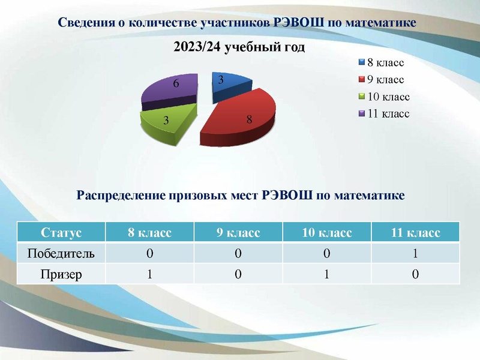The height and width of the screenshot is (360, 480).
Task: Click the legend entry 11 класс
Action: [x=388, y=113]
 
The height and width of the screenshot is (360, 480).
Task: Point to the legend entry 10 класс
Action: [x=388, y=96]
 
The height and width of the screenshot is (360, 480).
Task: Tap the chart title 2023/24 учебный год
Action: [x=239, y=47]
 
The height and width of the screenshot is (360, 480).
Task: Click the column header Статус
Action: [x=61, y=232]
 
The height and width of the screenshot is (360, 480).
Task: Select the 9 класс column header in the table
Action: [x=238, y=232]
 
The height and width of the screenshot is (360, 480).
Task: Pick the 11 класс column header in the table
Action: [x=415, y=232]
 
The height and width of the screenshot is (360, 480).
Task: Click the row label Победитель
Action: [x=61, y=253]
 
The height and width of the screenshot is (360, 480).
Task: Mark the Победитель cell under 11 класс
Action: [x=415, y=253]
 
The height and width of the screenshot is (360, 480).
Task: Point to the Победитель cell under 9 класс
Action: [x=238, y=253]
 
